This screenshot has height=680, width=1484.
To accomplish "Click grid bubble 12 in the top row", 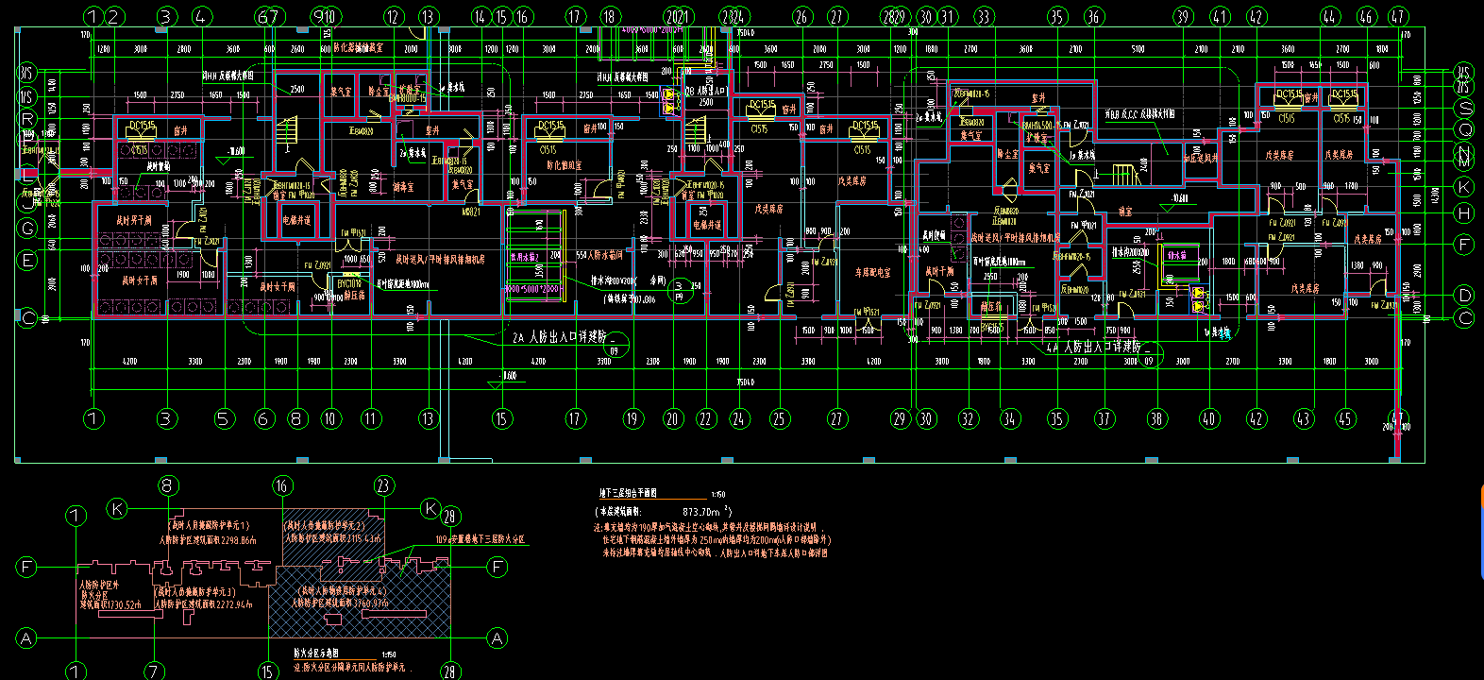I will [x=394, y=16].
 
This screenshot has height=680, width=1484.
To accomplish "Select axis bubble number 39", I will [x=1183, y=16].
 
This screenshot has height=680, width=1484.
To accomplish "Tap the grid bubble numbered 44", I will [x=1330, y=16].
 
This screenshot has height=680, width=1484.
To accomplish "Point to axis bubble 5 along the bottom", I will [x=223, y=419].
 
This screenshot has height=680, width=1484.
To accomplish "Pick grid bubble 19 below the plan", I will [x=632, y=419].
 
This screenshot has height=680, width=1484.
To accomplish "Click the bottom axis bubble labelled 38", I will [x=1157, y=419].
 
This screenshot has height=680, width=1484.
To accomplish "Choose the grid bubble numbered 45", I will [x=1345, y=419].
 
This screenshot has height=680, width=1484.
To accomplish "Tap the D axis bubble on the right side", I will [x=1464, y=295].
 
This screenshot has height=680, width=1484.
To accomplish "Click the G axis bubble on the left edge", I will [x=28, y=229].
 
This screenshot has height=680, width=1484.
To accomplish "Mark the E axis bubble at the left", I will [x=28, y=261].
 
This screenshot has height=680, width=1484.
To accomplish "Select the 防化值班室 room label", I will [x=564, y=165].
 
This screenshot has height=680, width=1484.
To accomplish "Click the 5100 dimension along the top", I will [x=1138, y=48].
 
